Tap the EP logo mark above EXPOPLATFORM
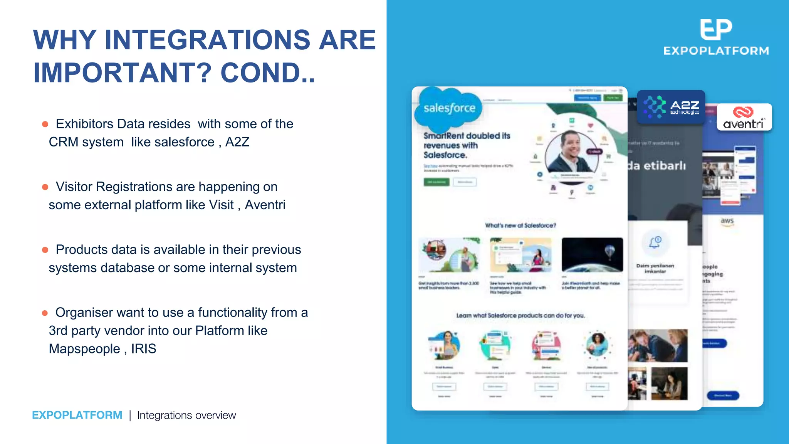pos(715,29)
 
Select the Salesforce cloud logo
pos(449,108)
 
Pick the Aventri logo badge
pos(744,118)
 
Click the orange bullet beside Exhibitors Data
pos(45,124)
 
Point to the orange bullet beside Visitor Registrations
pos(45,187)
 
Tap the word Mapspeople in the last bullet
pos(84,349)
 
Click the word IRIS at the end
pos(143,349)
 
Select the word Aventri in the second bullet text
pos(265,205)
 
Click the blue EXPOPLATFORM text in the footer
pos(77,415)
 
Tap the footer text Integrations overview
pos(186,415)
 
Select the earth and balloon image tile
pos(592,255)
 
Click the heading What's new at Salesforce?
pos(520,225)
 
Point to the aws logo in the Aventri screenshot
pos(727,221)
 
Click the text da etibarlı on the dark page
pos(657,166)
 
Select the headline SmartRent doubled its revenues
pos(467,145)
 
